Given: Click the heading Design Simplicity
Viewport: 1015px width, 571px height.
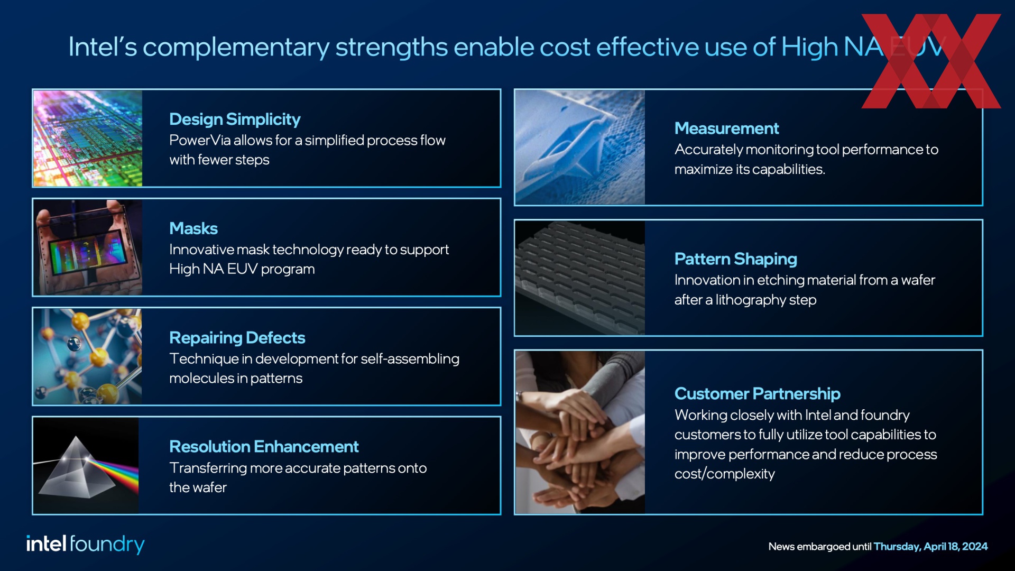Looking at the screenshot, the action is [x=235, y=119].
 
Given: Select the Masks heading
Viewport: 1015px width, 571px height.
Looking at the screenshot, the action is [x=193, y=228].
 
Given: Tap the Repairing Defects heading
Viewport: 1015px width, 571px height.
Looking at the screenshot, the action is [x=237, y=338].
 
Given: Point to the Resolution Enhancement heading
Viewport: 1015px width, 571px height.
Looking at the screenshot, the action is [x=264, y=447].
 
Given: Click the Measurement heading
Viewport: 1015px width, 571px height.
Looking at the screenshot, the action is [x=726, y=128].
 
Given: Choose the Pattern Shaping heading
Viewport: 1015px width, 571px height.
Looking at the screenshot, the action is [x=736, y=259].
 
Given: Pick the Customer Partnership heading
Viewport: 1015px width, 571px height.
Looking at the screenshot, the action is [x=758, y=394].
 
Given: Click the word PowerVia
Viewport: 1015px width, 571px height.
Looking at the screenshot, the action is [x=200, y=141].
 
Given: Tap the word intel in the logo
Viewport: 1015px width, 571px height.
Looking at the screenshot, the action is [x=47, y=544].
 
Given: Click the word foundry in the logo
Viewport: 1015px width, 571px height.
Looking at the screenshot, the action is [x=107, y=545].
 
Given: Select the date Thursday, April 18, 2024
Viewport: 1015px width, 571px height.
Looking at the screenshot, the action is [x=930, y=547].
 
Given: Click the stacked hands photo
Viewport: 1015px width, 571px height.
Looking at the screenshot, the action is [x=580, y=432].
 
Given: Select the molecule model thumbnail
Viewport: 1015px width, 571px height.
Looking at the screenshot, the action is [x=88, y=356].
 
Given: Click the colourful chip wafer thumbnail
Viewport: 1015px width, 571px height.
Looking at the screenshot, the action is [x=88, y=139].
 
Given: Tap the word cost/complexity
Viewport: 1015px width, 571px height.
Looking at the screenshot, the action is [x=725, y=474].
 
